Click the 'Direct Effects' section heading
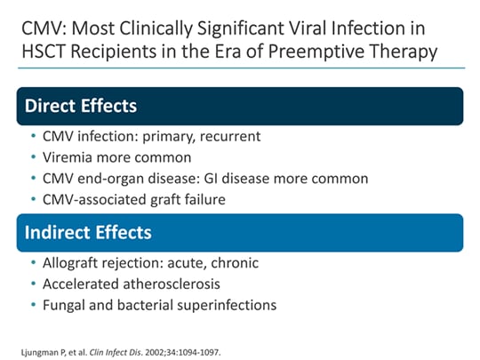81,106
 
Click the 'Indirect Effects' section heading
87,233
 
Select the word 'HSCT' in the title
44,52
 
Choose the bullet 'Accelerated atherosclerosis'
142,284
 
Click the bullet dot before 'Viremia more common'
34,158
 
